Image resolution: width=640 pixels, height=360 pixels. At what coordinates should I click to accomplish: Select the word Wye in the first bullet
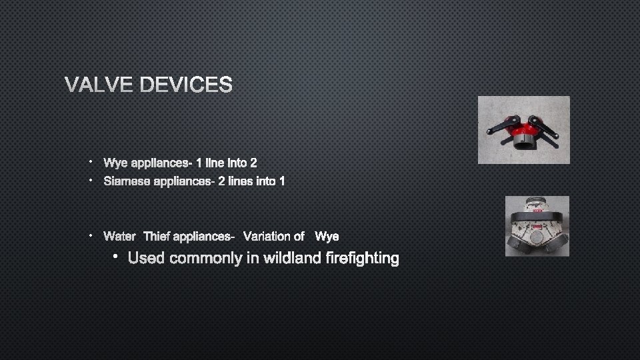115,163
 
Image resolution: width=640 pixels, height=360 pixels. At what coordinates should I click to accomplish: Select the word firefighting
363,258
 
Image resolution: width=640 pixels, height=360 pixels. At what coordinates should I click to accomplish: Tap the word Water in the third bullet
120,236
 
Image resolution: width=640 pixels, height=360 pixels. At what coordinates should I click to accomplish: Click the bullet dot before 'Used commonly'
115,257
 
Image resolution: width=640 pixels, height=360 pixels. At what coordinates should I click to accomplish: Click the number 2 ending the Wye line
253,163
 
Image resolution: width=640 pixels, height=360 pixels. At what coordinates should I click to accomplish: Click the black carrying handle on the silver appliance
537,217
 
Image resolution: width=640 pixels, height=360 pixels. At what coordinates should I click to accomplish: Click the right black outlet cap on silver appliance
557,243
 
